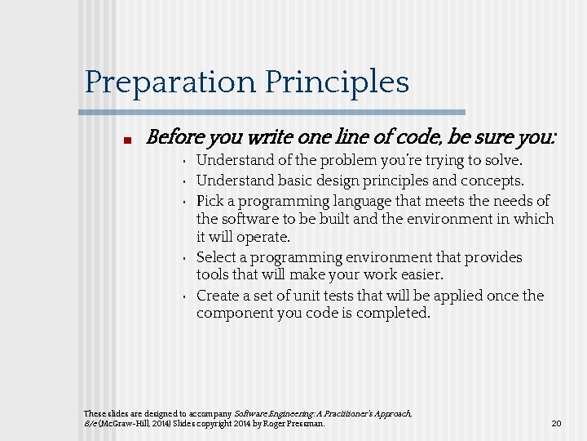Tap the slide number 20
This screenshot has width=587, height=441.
click(557, 424)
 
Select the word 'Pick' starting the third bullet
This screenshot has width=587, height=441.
click(210, 200)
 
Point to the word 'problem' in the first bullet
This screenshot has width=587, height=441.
click(348, 161)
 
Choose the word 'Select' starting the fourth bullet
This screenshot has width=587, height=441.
click(218, 257)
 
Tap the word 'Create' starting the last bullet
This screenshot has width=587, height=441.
click(218, 296)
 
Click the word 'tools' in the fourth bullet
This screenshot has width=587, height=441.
click(214, 275)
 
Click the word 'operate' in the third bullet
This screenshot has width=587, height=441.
click(263, 238)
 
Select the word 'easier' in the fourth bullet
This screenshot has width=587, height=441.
click(419, 275)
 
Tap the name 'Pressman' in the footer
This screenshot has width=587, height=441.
click(305, 424)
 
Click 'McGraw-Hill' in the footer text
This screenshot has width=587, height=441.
click(129, 424)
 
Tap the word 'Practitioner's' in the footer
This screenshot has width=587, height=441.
click(342, 414)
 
